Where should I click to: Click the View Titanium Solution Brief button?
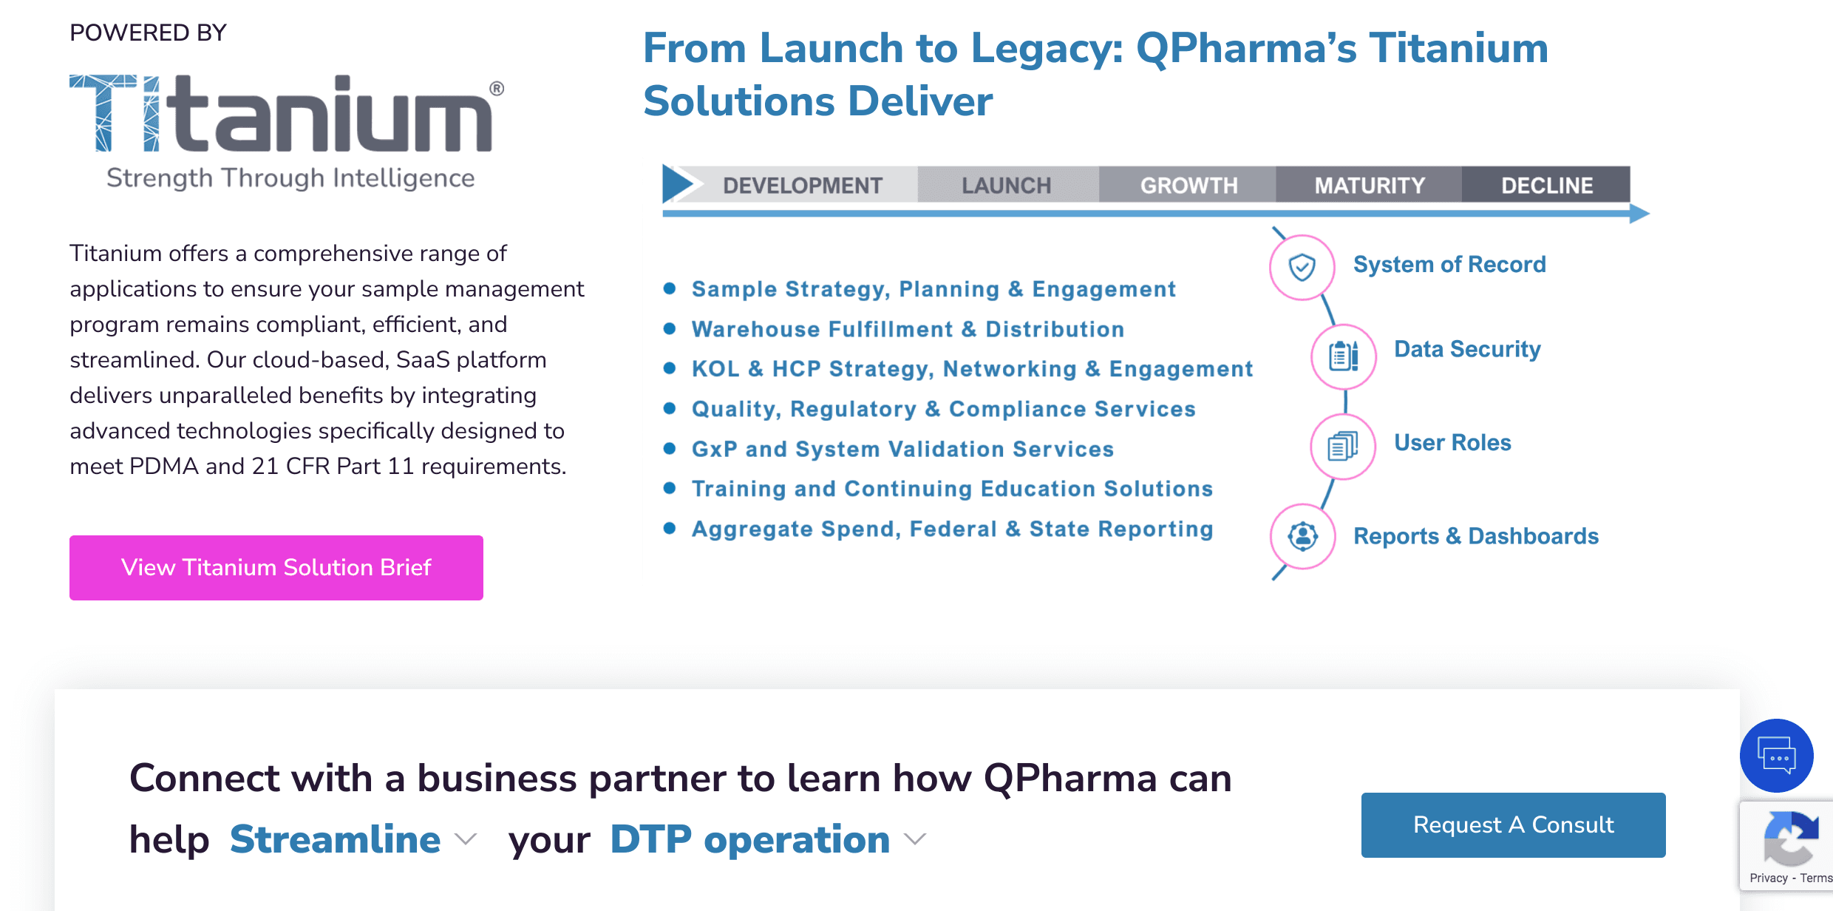tap(276, 567)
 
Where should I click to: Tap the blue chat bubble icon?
tap(1777, 756)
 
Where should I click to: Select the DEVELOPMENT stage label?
tap(803, 185)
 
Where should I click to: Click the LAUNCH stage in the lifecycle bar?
tap(1007, 185)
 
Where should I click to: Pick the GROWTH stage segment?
tap(1188, 185)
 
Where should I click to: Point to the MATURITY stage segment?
tap(1369, 185)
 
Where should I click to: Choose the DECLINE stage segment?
tap(1546, 185)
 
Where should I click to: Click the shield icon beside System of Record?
tap(1302, 267)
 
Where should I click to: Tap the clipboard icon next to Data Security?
tap(1344, 356)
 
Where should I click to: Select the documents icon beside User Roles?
tap(1343, 447)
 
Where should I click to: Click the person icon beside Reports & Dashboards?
tap(1303, 536)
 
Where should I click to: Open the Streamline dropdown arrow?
tap(466, 839)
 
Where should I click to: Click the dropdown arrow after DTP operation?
tap(915, 839)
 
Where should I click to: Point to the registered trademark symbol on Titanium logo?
tap(497, 89)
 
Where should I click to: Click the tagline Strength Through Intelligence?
tap(290, 178)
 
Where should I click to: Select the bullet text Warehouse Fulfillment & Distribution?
tap(908, 329)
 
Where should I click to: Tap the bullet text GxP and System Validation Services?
tap(902, 449)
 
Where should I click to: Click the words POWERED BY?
tap(148, 33)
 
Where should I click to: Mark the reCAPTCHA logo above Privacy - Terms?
tap(1790, 839)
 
